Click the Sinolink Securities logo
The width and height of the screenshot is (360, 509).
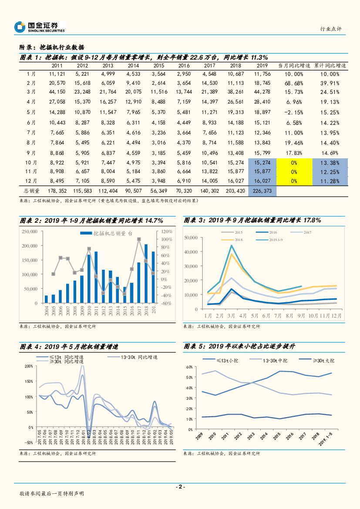[x=40, y=27]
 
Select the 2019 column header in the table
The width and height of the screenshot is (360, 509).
[x=262, y=65]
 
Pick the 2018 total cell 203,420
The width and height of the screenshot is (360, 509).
[x=235, y=190]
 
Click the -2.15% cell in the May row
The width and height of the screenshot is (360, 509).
[x=296, y=112]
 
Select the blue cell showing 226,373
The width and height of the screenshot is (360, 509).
[x=262, y=190]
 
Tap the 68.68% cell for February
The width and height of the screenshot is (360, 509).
[x=296, y=83]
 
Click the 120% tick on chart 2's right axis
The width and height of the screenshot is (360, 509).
[x=167, y=231]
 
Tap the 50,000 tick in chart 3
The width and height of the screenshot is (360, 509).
[x=192, y=237]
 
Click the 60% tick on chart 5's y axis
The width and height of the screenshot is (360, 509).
[x=189, y=367]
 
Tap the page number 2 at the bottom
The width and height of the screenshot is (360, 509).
[x=180, y=486]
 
